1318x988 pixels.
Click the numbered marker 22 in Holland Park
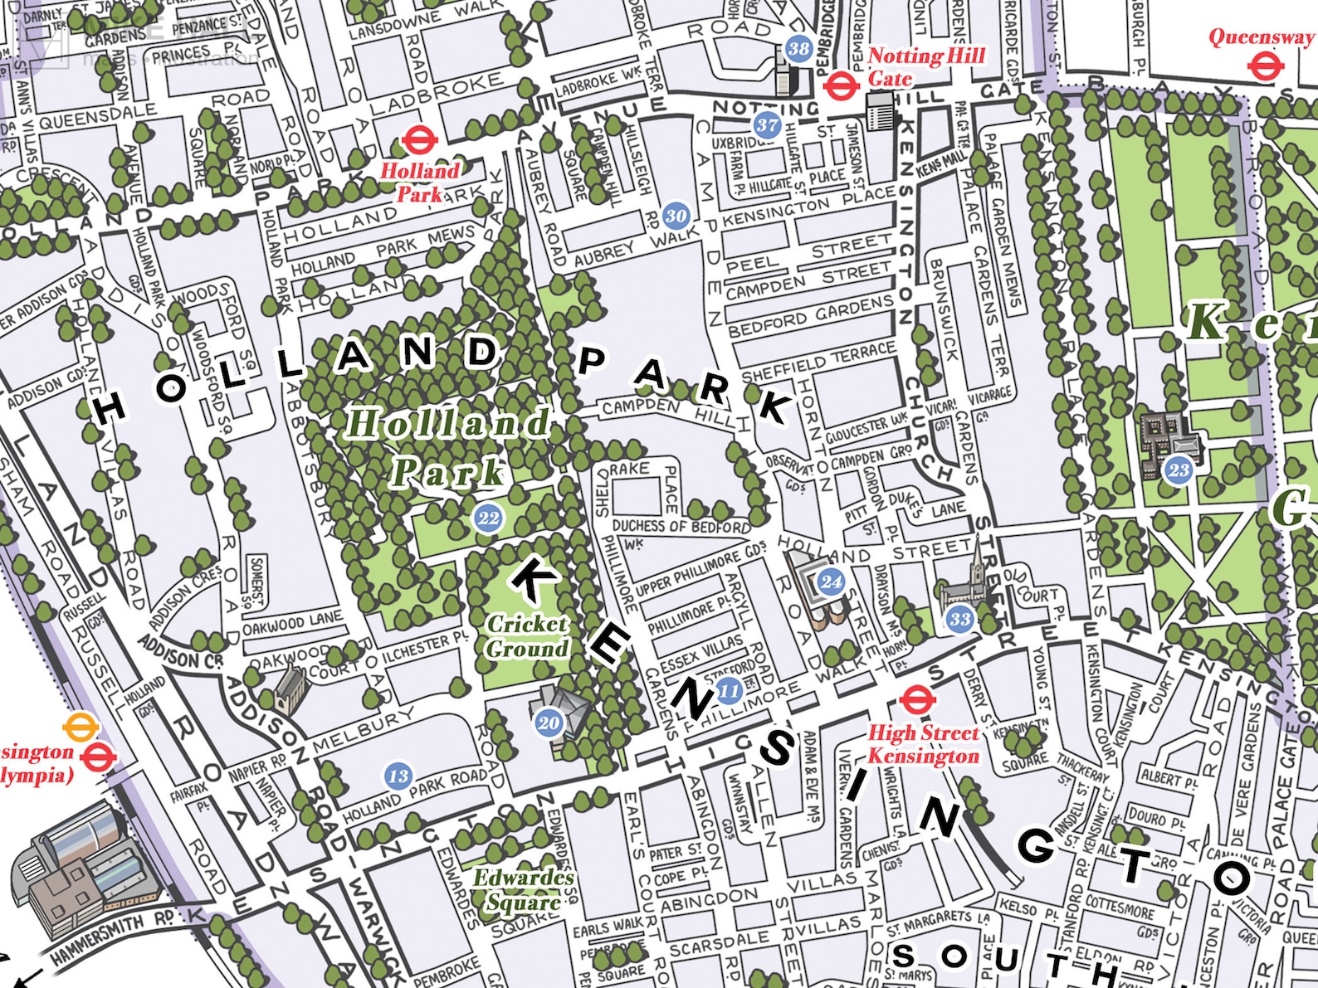pos(488,519)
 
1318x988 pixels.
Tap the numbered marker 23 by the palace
pos(1179,470)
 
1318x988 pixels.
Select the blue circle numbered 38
pos(798,49)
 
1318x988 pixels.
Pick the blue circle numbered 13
pos(398,776)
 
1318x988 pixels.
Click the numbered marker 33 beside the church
pos(960,619)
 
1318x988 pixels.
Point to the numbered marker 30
pos(676,216)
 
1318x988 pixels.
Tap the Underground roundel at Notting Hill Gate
pos(839,85)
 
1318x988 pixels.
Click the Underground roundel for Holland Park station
pos(419,140)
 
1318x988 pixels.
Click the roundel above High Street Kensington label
pos(917,700)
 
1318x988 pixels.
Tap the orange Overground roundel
pos(81,728)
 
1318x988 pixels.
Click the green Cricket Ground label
pos(528,636)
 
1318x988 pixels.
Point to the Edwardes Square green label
pos(523,889)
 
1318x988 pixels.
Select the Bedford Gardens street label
pos(810,316)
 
